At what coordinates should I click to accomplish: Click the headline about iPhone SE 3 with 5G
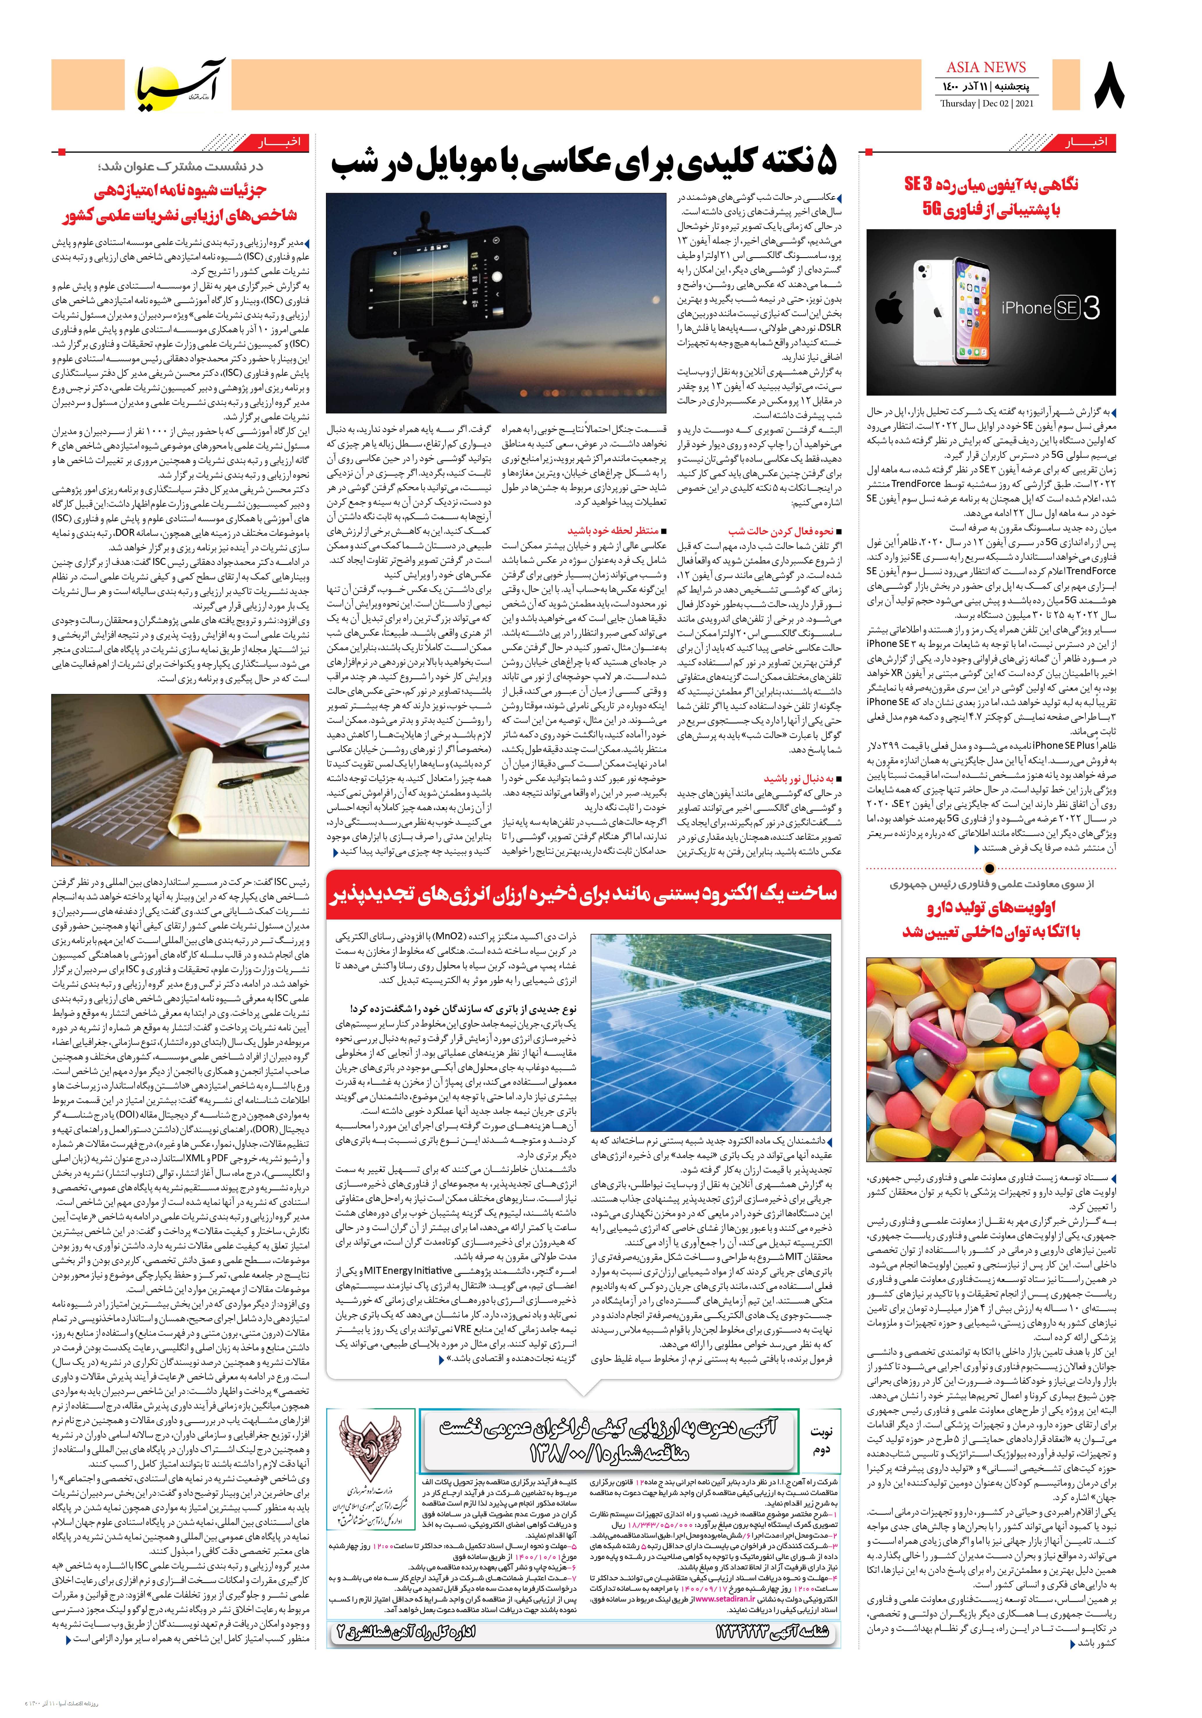click(991, 198)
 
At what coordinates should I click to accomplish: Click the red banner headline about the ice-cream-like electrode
click(584, 896)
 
